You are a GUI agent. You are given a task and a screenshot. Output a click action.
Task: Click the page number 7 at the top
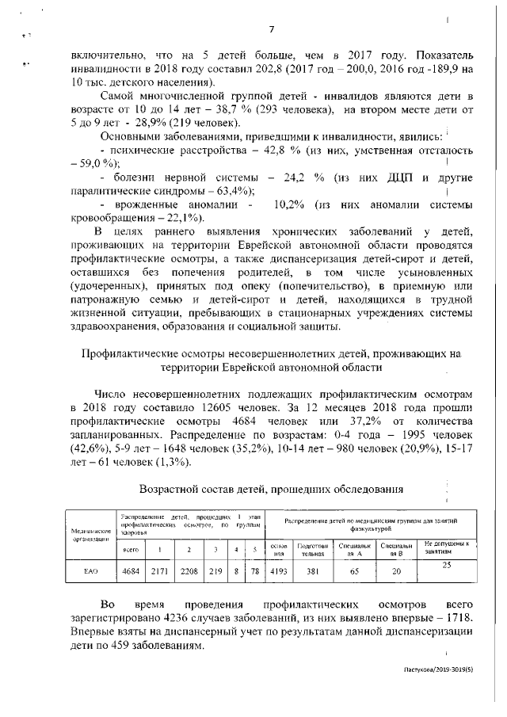pos(271,30)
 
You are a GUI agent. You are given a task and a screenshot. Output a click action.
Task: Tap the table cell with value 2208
pos(189,570)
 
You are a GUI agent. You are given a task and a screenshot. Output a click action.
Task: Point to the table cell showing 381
pos(310,570)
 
